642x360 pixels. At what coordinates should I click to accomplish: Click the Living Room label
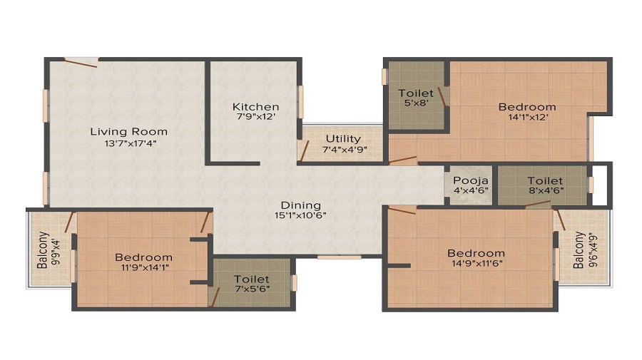click(129, 132)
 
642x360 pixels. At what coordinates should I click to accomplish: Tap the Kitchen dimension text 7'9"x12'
click(256, 117)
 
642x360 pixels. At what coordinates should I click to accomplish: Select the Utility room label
click(343, 139)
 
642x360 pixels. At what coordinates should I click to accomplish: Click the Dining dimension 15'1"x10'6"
click(300, 215)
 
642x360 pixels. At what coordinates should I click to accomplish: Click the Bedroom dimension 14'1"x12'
click(528, 117)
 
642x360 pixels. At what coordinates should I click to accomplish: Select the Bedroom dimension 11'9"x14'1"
click(145, 267)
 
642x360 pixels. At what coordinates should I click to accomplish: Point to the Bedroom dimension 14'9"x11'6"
click(477, 263)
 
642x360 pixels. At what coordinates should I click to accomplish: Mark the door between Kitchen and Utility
click(304, 150)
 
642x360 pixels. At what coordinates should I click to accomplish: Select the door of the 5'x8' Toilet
click(442, 97)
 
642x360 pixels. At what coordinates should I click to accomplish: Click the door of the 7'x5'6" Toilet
click(215, 297)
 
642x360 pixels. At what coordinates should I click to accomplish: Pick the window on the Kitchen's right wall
click(300, 101)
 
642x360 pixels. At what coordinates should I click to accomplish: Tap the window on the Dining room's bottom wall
click(340, 257)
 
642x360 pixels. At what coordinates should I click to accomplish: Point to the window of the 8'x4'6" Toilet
click(591, 185)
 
